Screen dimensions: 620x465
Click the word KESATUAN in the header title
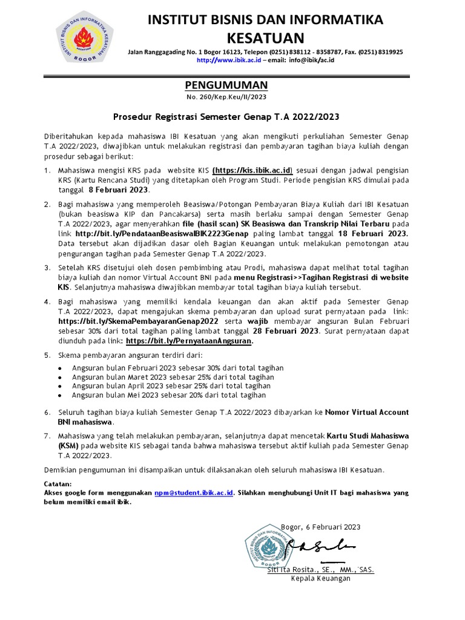266,38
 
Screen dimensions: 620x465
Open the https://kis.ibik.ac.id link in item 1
252,170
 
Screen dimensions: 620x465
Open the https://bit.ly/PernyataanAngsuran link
190,341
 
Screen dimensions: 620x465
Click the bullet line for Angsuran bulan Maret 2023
171,377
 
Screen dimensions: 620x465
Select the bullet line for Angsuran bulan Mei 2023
168,395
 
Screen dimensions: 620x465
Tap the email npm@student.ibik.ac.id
194,493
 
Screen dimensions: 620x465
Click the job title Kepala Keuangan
321,579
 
